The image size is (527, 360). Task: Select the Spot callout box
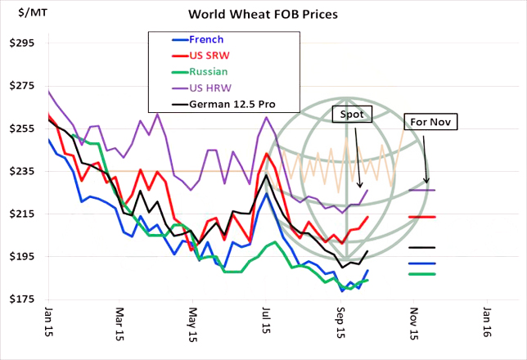pos(352,114)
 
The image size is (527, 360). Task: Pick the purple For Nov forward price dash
pos(421,191)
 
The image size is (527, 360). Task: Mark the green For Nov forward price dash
pos(421,274)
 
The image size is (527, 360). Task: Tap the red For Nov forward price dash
pos(421,217)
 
